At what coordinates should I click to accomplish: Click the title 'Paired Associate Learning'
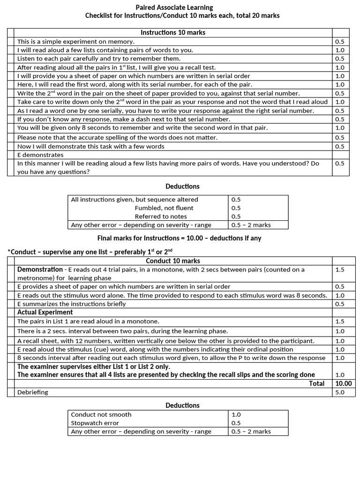(174, 7)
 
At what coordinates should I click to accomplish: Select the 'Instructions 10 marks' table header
(173, 32)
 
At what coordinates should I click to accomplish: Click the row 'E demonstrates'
(40, 155)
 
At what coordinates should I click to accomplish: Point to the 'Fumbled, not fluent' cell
(164, 208)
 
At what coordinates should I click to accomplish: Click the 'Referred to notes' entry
(161, 216)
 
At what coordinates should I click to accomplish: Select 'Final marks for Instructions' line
(179, 238)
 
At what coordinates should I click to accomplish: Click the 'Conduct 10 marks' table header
(173, 261)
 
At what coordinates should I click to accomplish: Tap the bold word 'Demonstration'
(40, 270)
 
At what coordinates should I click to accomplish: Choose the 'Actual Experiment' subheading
(45, 312)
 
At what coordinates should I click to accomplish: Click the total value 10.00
(343, 383)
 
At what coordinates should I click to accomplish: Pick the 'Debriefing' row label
(33, 392)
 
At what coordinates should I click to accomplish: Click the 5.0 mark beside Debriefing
(340, 392)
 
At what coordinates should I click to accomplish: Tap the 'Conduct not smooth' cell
(101, 414)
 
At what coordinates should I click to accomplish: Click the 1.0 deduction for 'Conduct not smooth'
(237, 414)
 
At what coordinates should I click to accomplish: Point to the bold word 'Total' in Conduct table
(316, 383)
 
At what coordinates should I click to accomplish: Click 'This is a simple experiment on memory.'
(76, 42)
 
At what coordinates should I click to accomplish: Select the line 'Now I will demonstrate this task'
(91, 146)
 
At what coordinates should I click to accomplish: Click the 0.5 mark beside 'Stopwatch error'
(237, 423)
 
